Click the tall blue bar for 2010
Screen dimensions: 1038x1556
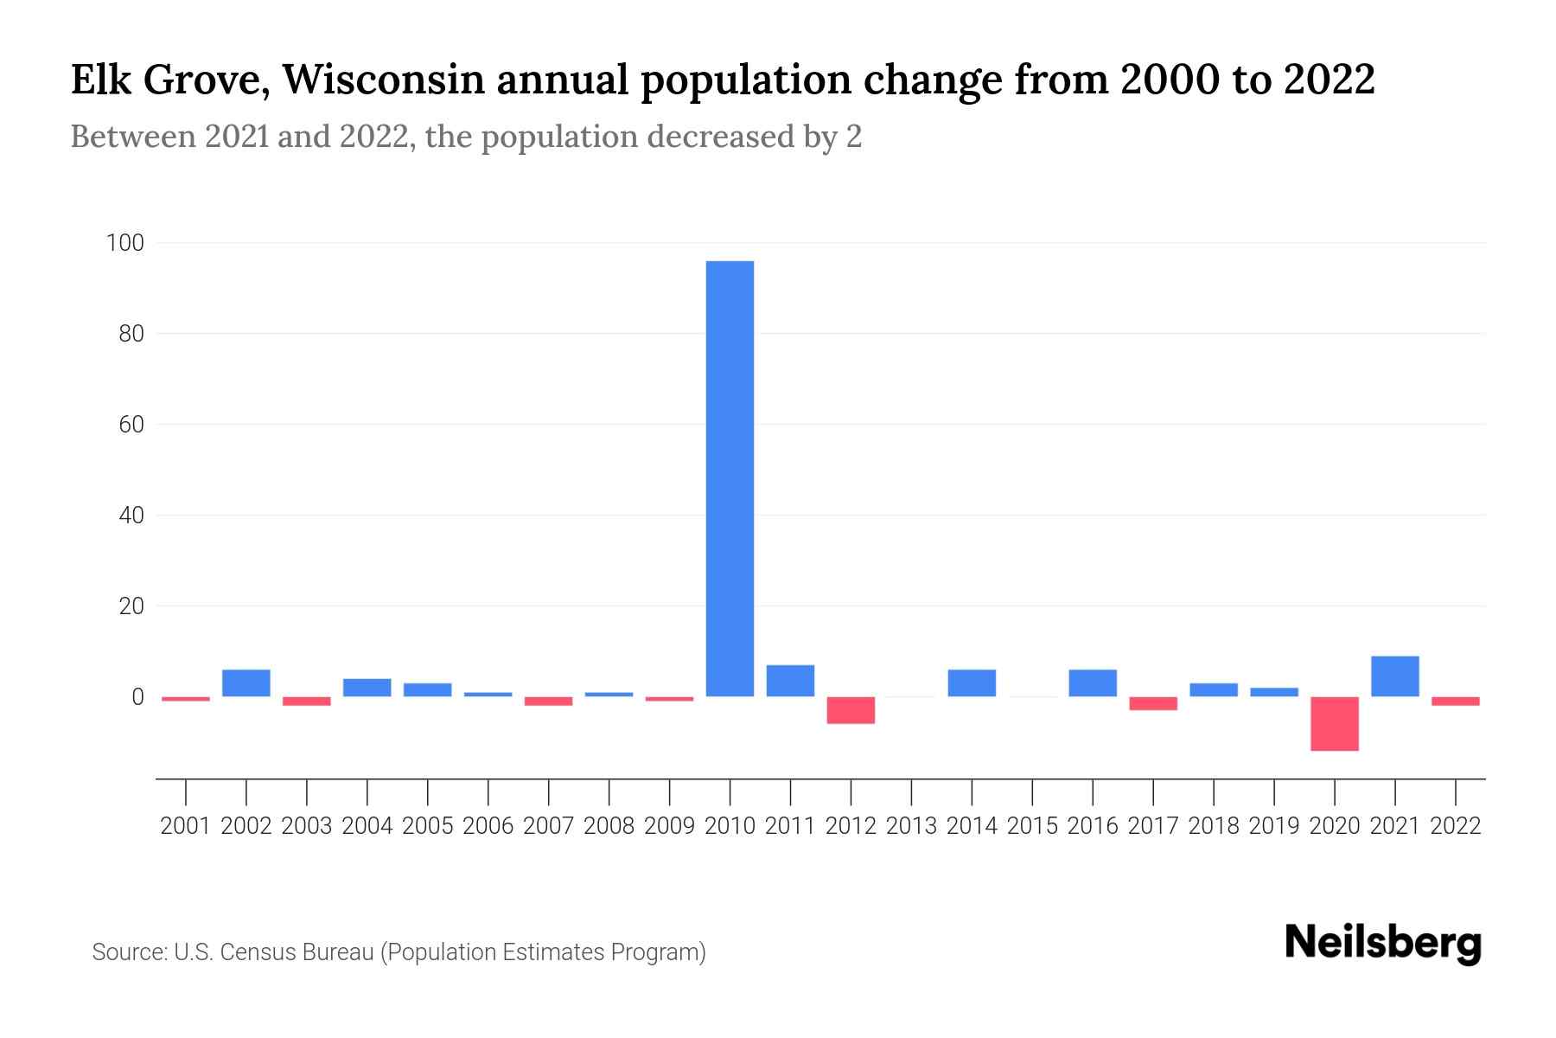(730, 478)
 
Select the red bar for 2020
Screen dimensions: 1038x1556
(1334, 723)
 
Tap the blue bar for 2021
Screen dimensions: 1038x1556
(1394, 676)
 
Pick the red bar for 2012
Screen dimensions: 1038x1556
(851, 710)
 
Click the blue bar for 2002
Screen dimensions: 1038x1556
(246, 683)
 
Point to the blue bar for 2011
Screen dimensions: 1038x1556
(790, 681)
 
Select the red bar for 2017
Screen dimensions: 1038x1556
(1153, 703)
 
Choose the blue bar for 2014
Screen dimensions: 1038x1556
(972, 683)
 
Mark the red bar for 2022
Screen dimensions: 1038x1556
(1455, 702)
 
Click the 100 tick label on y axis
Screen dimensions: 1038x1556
(124, 243)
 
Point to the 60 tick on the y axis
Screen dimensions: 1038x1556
(131, 425)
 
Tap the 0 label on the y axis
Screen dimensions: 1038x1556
(137, 697)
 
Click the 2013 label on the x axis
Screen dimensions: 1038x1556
(911, 826)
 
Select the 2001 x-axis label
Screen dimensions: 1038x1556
(186, 826)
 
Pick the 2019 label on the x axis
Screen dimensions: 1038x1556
(1273, 826)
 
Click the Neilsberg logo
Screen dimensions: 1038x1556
(1382, 944)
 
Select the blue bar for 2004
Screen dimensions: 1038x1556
(367, 688)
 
